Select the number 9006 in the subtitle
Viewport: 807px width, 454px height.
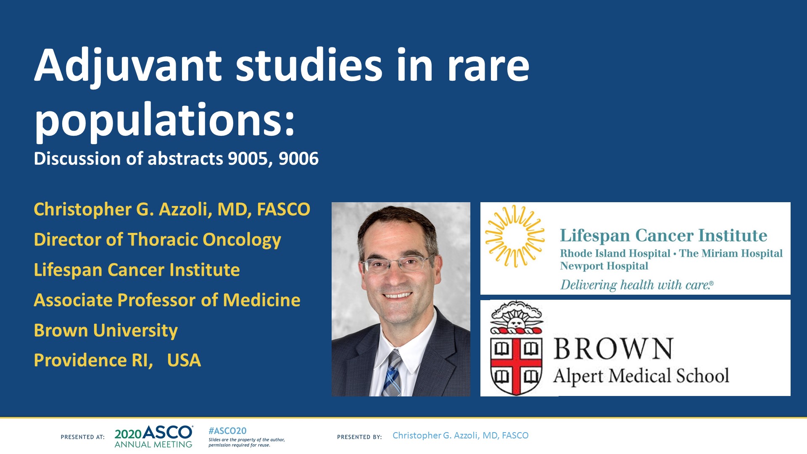pos(298,159)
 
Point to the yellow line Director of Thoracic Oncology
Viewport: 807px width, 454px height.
pos(157,240)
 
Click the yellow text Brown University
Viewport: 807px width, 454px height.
pos(105,330)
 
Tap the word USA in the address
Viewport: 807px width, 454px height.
pos(184,360)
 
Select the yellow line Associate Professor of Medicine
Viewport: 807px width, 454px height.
pos(167,300)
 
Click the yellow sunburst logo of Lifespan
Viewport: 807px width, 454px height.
pos(514,236)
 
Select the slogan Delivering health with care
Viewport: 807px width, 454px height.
pos(636,285)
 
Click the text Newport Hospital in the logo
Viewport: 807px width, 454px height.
pos(604,266)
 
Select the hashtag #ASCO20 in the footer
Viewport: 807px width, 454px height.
pos(227,431)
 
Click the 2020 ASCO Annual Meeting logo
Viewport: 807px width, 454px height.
pos(153,437)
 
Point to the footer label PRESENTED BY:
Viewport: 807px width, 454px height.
pos(359,437)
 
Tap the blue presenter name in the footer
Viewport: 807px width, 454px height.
pos(460,436)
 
